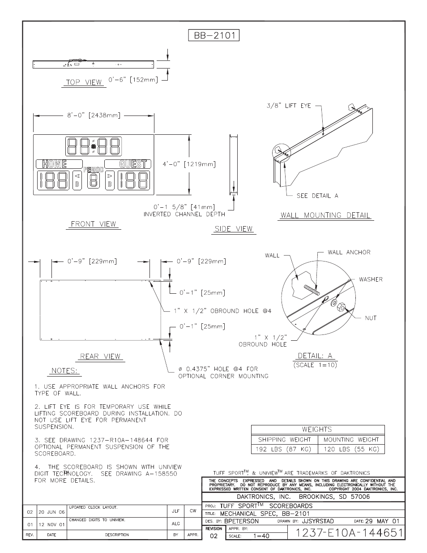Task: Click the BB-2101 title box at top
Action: point(213,35)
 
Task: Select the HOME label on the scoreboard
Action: point(55,164)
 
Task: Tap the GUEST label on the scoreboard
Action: point(133,164)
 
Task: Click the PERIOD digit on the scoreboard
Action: point(94,180)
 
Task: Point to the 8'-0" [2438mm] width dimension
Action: point(94,115)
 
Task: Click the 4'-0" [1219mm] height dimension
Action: point(189,164)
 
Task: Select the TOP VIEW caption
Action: point(84,82)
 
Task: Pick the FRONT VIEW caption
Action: point(94,224)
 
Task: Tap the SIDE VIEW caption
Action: point(234,229)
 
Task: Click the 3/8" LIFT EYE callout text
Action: point(289,106)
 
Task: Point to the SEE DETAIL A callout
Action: point(317,196)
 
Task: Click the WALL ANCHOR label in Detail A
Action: point(349,252)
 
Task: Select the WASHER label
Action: point(371,279)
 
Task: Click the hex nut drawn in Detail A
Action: point(341,308)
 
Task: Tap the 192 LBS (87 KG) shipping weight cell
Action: point(284,449)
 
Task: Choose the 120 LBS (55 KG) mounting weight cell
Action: point(351,449)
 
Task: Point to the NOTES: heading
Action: point(64,371)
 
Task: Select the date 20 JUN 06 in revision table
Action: point(51,512)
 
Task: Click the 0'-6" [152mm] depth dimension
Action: point(133,80)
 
